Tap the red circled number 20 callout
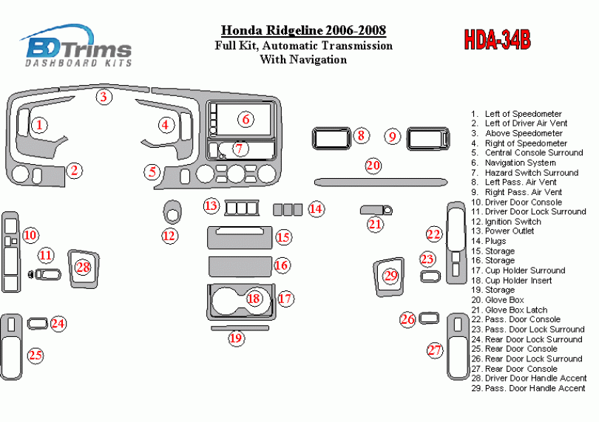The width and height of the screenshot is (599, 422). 373,166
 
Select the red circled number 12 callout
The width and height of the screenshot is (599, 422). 170,236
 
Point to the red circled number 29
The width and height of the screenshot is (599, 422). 391,276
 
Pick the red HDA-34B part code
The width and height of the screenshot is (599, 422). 497,40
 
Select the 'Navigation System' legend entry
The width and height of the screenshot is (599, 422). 520,163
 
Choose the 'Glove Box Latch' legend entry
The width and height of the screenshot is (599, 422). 515,310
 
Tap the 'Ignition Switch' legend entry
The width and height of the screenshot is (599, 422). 513,222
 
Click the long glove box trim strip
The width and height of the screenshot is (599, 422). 381,181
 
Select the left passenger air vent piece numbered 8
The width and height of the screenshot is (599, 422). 331,137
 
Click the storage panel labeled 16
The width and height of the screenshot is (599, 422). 240,265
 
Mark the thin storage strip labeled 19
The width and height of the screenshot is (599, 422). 240,327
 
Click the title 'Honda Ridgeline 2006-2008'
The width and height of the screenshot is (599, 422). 303,31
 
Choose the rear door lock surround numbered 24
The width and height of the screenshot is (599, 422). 38,323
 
